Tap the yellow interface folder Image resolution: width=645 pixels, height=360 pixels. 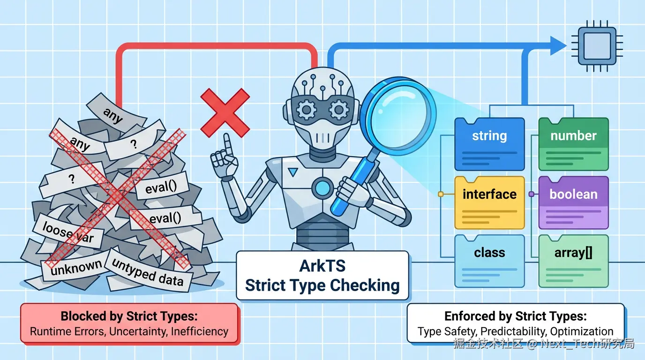click(x=489, y=202)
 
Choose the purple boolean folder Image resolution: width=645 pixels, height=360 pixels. click(x=573, y=202)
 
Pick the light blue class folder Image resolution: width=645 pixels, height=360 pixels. click(x=489, y=261)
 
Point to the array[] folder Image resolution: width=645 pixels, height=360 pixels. click(x=573, y=261)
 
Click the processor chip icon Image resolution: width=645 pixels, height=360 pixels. click(x=597, y=45)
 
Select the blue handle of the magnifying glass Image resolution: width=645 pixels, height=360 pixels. click(x=349, y=187)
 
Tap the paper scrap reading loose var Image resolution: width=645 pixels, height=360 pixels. click(x=68, y=232)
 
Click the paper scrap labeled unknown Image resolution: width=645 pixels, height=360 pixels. click(x=75, y=268)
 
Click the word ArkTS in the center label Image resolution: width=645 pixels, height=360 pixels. click(x=322, y=266)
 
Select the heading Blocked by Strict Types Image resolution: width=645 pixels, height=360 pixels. click(x=128, y=316)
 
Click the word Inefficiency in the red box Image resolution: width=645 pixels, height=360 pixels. click(x=200, y=331)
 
